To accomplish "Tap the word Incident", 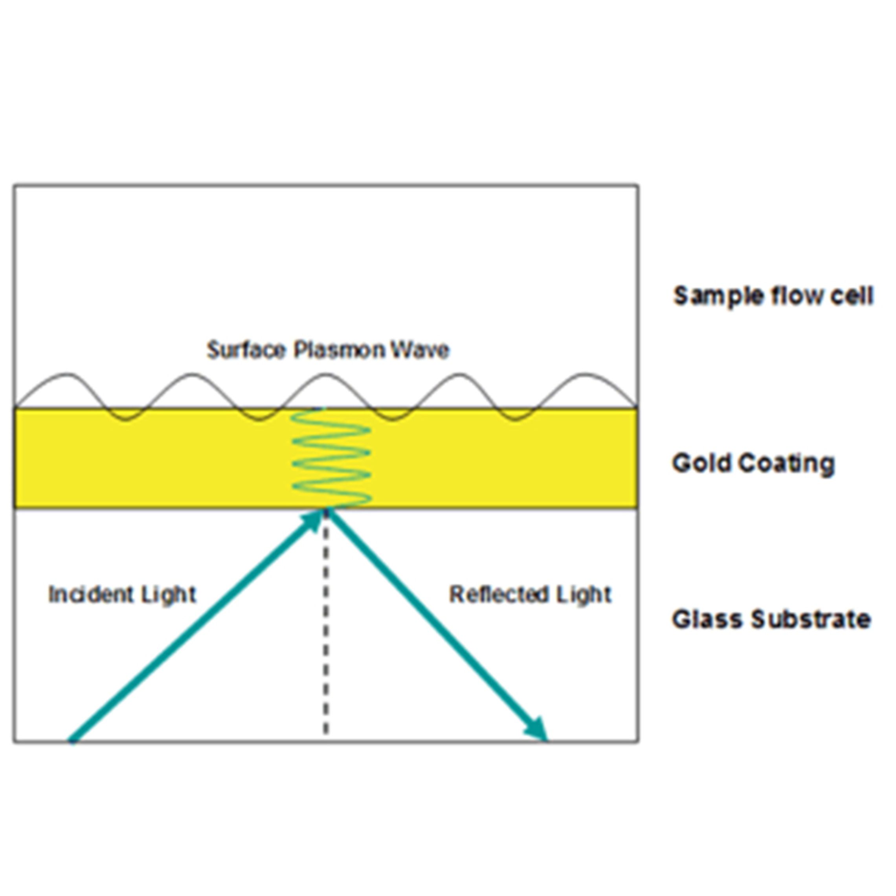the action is pos(91,594).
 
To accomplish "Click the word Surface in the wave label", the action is pos(246,350).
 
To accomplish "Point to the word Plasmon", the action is pos(339,350).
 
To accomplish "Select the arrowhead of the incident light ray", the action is pos(314,520).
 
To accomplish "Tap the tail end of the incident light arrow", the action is pos(72,740).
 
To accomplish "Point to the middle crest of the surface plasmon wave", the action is pos(325,374).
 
